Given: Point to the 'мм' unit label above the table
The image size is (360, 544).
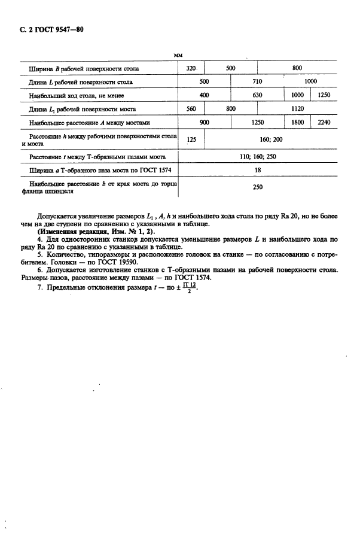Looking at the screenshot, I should click(178, 54).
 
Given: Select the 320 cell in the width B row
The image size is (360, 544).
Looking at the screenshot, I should click(191, 68).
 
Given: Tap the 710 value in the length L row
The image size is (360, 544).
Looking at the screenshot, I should click(258, 81).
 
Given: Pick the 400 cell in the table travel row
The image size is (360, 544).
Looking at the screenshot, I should click(204, 95).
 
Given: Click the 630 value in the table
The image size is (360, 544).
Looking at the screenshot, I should click(258, 95).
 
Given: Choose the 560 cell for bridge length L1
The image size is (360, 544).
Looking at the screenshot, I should click(191, 109).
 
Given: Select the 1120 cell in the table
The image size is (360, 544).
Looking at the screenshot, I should click(297, 109).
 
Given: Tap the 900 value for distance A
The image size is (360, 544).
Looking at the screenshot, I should click(204, 123).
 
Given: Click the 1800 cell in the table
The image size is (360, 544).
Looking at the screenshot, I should click(297, 123).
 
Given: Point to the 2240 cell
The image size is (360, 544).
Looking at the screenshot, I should click(325, 123).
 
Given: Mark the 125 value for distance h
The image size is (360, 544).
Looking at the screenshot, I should click(191, 139).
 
